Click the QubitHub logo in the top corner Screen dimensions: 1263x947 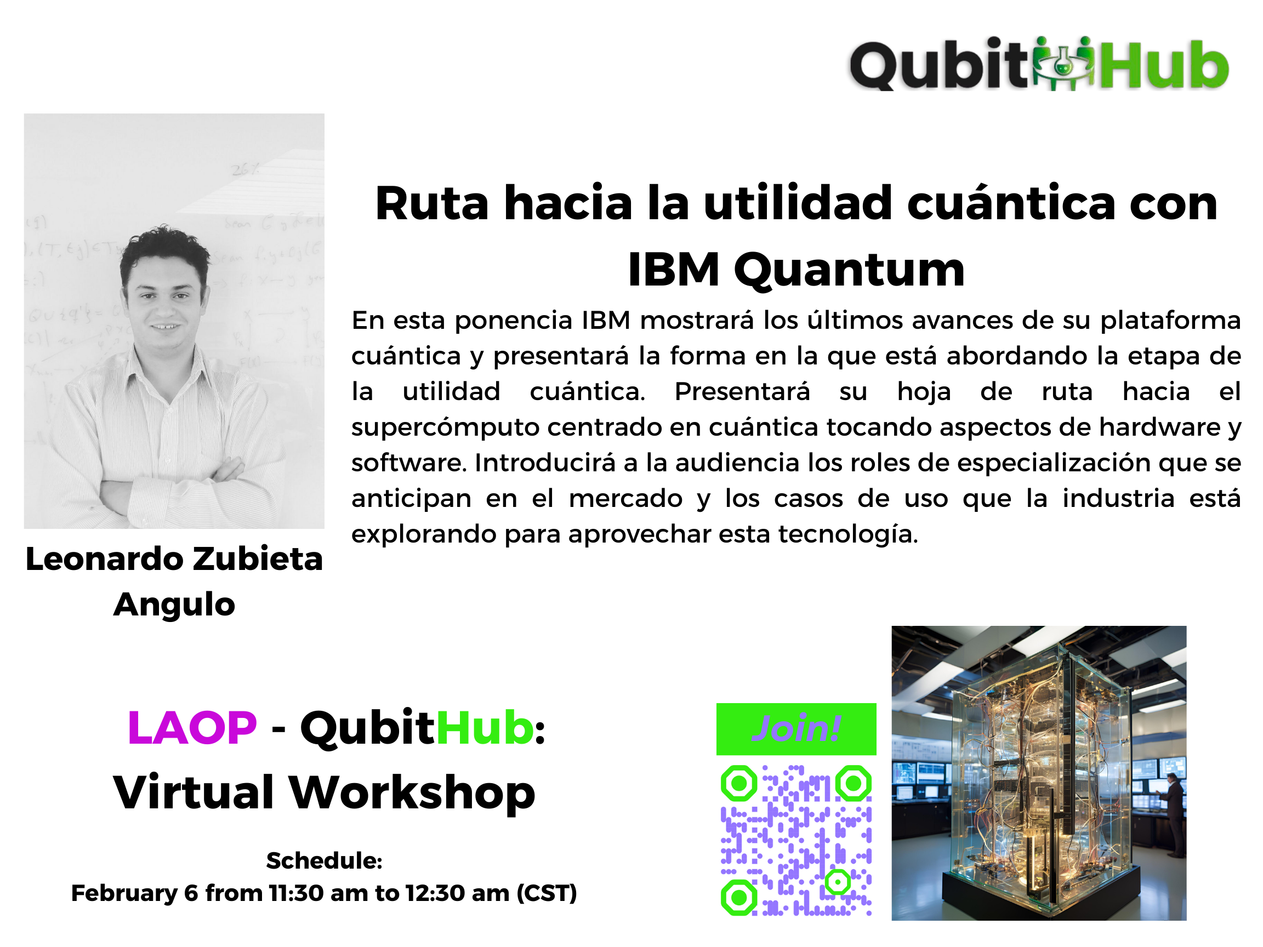(1039, 64)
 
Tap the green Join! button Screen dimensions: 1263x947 (796, 729)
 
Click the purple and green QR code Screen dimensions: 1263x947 (796, 840)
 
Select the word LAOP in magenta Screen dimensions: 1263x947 (192, 728)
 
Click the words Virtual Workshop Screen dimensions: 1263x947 (325, 793)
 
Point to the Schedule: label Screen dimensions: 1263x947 (325, 861)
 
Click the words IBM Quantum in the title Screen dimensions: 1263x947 (796, 270)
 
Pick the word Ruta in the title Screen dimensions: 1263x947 (431, 204)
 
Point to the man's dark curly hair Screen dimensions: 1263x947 (164, 252)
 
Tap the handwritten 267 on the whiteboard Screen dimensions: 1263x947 (246, 169)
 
